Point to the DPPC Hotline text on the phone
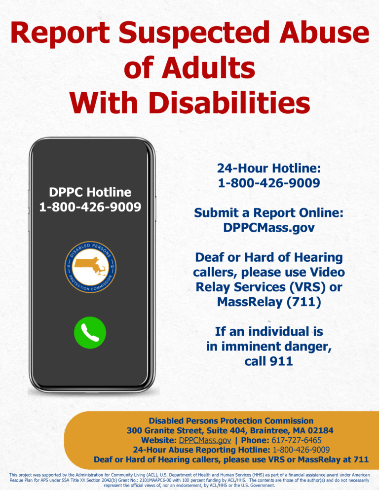(x=90, y=192)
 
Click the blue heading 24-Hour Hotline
(x=269, y=169)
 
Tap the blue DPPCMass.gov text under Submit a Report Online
(x=269, y=228)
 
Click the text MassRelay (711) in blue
(x=269, y=301)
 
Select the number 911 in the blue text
(x=281, y=361)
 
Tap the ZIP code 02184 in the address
(x=320, y=430)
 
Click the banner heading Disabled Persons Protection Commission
(x=231, y=420)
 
